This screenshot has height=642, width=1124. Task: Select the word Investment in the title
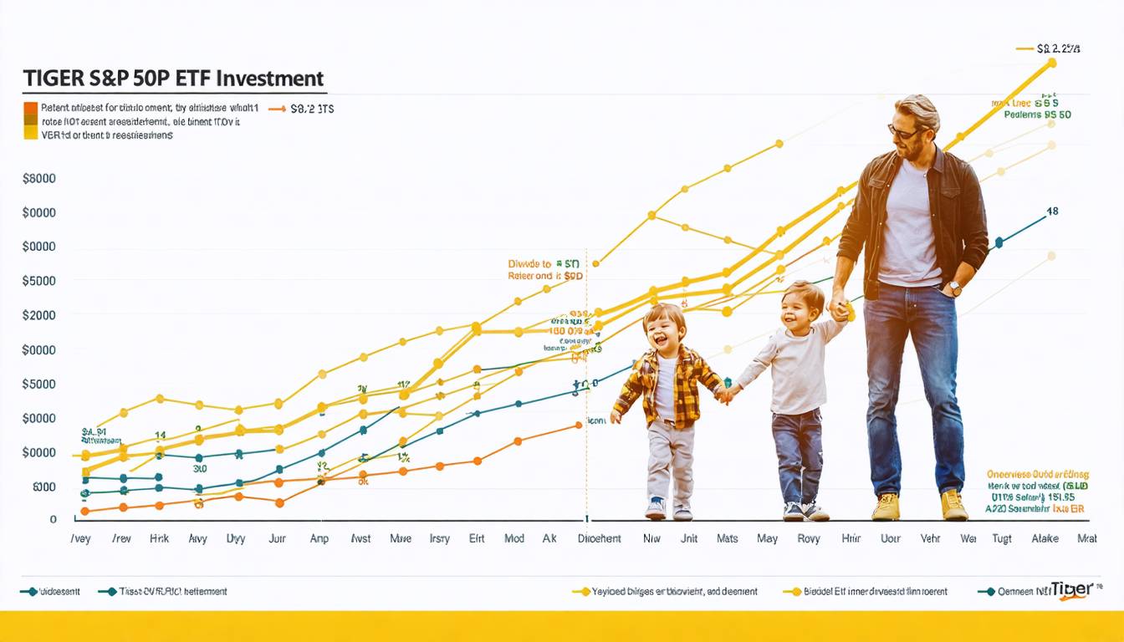(x=270, y=79)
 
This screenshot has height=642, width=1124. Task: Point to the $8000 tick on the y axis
(x=39, y=178)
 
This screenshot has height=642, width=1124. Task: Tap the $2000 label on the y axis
(x=39, y=315)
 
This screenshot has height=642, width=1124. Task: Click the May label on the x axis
(x=767, y=539)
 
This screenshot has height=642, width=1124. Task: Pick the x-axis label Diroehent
(x=600, y=539)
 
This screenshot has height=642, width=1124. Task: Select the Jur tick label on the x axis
(x=277, y=539)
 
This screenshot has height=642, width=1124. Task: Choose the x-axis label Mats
(x=727, y=539)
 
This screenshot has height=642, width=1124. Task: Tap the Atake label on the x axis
(x=1045, y=539)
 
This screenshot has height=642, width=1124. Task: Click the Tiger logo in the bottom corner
(x=1072, y=589)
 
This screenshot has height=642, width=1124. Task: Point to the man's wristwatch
(x=953, y=289)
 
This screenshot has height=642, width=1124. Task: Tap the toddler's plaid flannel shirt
(x=669, y=385)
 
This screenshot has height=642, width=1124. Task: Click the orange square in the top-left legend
(x=30, y=108)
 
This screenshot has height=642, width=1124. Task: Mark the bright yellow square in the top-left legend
(x=30, y=133)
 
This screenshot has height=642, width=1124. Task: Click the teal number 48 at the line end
(x=1052, y=211)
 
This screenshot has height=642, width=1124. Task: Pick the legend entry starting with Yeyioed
(x=674, y=591)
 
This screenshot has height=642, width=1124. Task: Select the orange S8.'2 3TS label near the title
(x=312, y=109)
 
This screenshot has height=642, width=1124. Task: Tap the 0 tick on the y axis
(x=53, y=519)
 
